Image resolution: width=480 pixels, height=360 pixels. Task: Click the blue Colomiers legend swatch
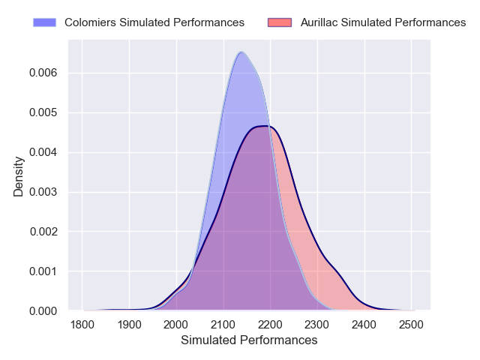(x=45, y=22)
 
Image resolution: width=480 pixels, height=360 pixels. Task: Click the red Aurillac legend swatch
(x=279, y=22)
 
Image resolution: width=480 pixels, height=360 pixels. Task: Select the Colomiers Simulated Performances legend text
(x=154, y=22)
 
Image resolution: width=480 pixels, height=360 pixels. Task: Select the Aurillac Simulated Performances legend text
(x=383, y=22)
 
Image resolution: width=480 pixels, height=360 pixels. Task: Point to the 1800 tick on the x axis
(x=82, y=325)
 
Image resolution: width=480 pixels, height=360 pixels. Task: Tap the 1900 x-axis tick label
(x=129, y=325)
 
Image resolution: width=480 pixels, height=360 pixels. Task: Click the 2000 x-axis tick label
(x=176, y=325)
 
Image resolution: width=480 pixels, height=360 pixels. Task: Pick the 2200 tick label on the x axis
(x=270, y=325)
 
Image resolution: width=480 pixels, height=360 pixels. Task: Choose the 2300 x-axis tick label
(x=317, y=325)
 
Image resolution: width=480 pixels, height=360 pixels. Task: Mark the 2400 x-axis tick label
(x=364, y=325)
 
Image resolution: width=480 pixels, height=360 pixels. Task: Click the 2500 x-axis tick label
(x=411, y=325)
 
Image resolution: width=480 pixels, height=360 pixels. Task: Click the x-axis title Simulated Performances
(x=249, y=340)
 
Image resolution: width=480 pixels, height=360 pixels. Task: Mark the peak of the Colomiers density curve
(x=241, y=52)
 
